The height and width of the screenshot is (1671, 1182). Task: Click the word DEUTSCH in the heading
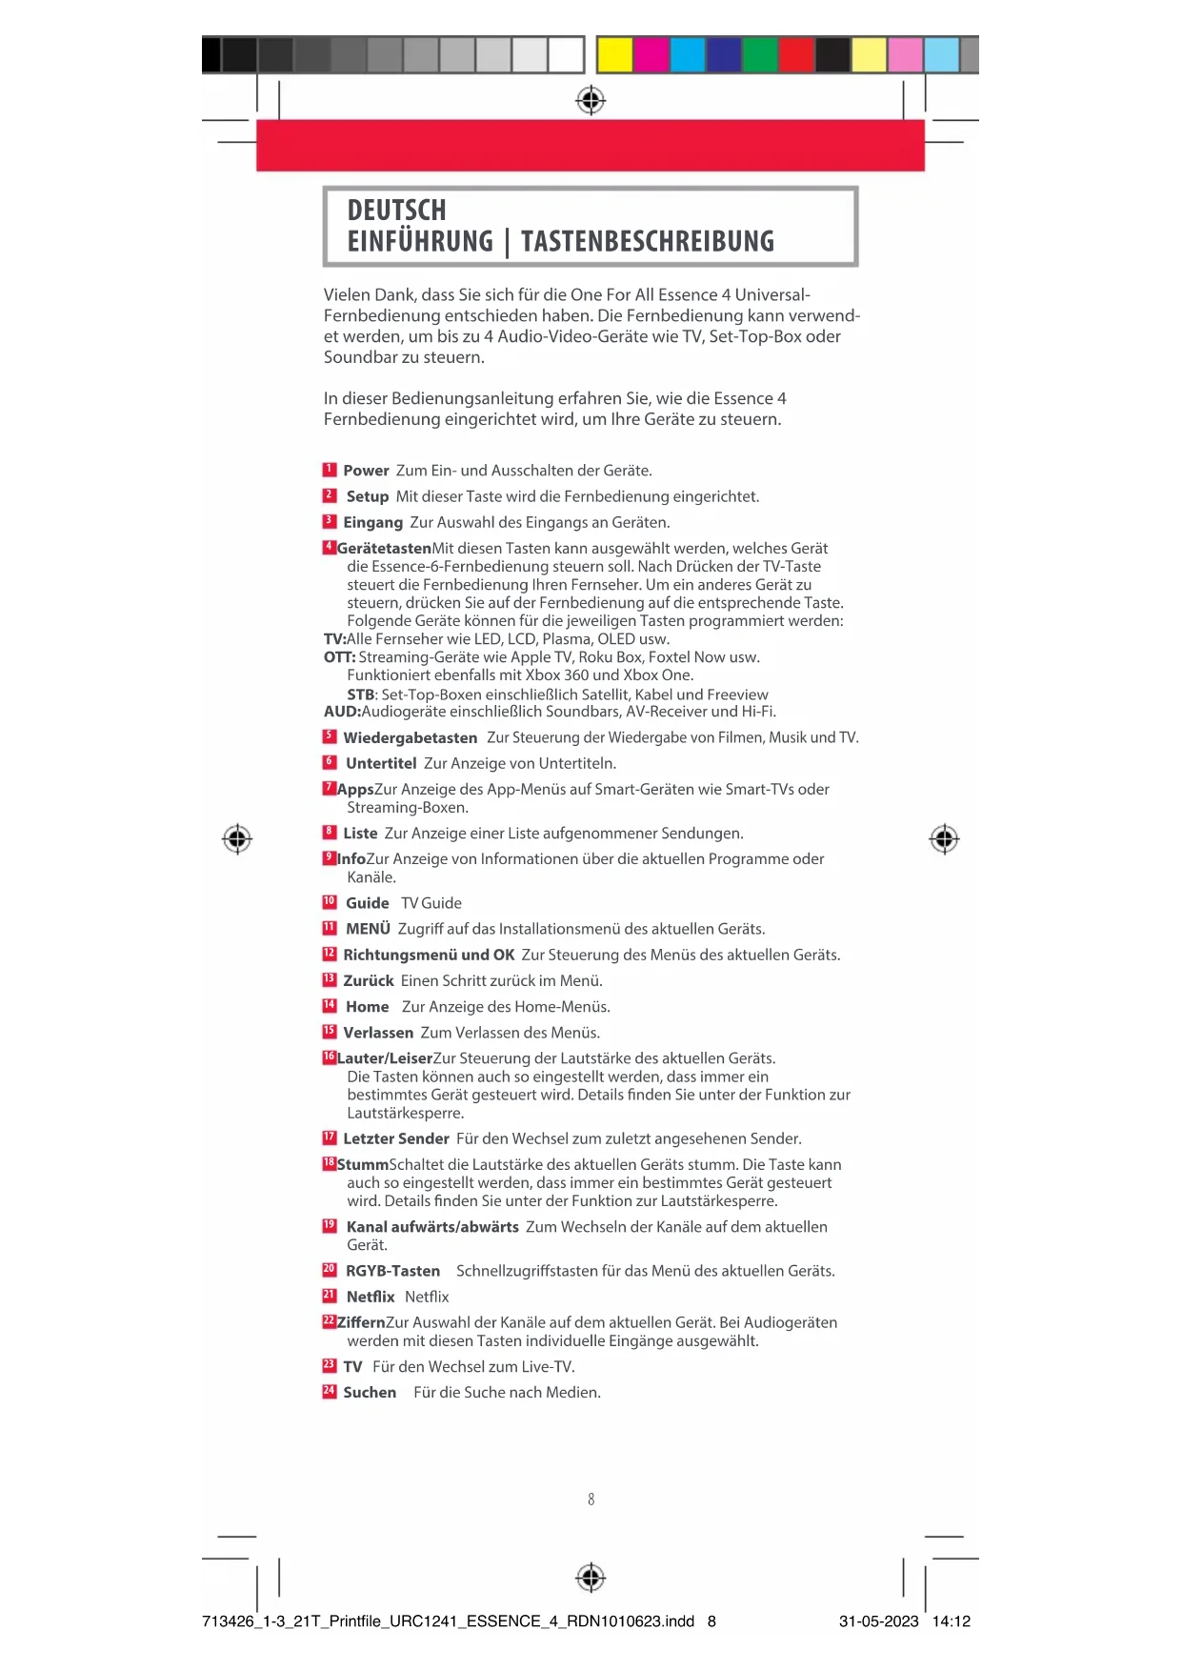[396, 211]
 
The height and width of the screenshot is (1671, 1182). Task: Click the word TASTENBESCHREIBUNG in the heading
[648, 242]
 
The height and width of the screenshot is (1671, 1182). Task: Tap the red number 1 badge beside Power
[330, 470]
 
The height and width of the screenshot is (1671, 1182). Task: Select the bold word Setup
[367, 496]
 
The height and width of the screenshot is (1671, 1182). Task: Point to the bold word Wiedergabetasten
[410, 737]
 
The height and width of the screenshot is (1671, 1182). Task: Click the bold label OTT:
[339, 657]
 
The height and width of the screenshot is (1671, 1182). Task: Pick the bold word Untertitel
[381, 763]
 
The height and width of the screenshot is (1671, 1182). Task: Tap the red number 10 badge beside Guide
[330, 902]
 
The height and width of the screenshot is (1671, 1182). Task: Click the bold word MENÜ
[368, 929]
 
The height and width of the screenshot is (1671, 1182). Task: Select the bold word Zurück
[368, 980]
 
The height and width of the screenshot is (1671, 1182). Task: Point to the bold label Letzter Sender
[395, 1138]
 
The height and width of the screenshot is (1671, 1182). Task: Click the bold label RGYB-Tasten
[392, 1271]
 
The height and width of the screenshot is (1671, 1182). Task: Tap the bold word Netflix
[370, 1297]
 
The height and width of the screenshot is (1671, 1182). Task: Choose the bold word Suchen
[370, 1392]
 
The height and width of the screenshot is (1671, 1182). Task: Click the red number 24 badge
[330, 1391]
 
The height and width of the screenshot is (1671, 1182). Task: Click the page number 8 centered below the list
[591, 1500]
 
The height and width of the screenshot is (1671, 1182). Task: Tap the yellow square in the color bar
[614, 54]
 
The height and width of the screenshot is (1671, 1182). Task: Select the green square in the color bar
[759, 54]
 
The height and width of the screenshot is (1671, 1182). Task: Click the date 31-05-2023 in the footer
[878, 1621]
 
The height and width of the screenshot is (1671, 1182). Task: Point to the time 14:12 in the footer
[951, 1621]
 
